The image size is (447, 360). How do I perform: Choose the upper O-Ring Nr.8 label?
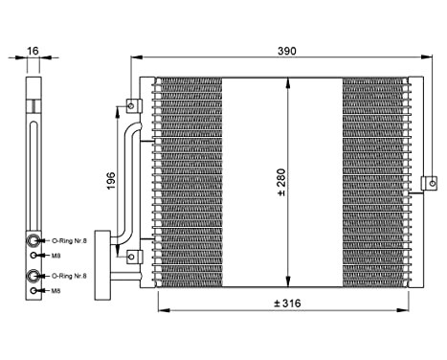(68, 241)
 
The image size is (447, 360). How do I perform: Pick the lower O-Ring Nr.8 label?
(68, 276)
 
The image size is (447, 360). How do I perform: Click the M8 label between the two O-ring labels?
(56, 256)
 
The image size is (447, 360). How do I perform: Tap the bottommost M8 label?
(56, 290)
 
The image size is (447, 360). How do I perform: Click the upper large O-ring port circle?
(34, 241)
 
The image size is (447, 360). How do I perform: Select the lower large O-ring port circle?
(34, 276)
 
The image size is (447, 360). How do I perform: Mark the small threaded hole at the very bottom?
(34, 290)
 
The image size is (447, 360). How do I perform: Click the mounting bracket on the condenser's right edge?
(430, 182)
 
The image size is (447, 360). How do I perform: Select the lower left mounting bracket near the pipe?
(132, 256)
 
